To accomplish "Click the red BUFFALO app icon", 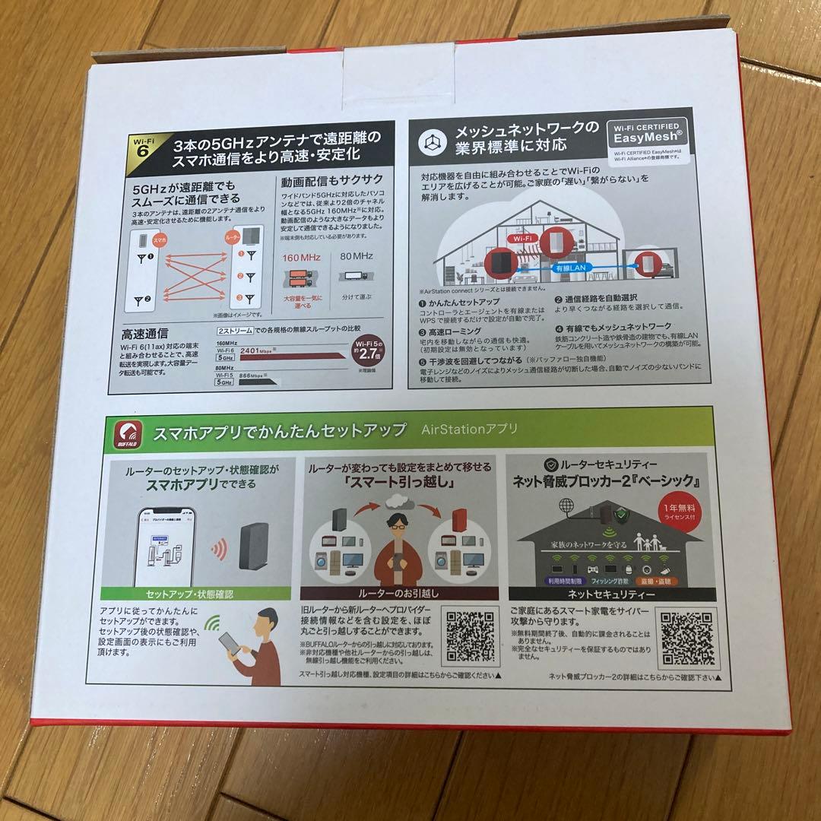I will (128, 434).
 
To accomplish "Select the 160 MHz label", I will (301, 257).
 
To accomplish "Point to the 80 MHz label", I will (357, 257).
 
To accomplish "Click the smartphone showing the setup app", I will (165, 545).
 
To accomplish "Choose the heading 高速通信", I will (145, 333).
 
